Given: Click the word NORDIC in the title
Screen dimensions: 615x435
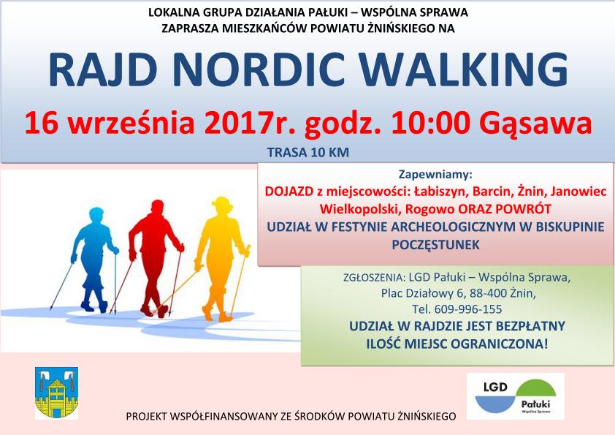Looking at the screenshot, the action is (259, 69).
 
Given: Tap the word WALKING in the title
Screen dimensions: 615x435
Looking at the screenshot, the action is (464, 69).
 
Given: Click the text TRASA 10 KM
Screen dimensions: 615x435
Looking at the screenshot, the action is (308, 152).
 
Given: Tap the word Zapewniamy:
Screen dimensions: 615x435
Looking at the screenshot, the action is (435, 174).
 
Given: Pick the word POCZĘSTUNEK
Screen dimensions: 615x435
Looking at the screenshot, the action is (436, 245).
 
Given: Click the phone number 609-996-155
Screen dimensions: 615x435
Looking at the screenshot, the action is (468, 309).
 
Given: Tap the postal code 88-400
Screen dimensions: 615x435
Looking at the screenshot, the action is (487, 293).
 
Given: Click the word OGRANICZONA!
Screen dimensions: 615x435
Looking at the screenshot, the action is (500, 344).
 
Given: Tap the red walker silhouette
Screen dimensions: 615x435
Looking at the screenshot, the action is (155, 258).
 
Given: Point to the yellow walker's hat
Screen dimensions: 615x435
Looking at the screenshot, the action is (222, 203).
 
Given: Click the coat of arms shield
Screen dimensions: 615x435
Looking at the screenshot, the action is (56, 393).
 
